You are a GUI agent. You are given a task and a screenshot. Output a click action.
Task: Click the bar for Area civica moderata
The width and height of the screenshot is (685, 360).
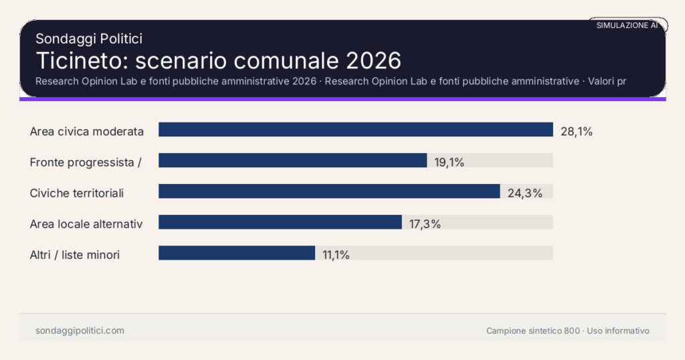click(x=355, y=130)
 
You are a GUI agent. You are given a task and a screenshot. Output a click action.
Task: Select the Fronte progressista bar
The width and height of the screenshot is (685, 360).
click(x=292, y=161)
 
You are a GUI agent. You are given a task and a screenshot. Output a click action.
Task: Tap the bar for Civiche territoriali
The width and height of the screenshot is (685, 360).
click(x=329, y=191)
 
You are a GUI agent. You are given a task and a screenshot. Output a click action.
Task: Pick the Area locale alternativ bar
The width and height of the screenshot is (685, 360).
click(x=280, y=222)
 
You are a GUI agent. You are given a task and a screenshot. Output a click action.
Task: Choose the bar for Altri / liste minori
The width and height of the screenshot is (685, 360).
click(x=236, y=253)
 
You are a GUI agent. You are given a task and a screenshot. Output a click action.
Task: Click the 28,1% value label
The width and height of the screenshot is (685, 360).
click(x=576, y=131)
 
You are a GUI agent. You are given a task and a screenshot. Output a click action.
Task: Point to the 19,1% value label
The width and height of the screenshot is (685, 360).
click(x=449, y=162)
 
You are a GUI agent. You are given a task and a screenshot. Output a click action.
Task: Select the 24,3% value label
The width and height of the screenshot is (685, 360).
click(x=524, y=193)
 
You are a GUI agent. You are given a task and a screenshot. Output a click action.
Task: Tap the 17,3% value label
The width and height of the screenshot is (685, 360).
click(x=425, y=223)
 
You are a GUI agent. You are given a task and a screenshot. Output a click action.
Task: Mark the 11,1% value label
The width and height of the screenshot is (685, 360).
click(x=336, y=254)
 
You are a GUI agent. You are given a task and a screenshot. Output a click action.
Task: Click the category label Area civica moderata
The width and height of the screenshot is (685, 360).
click(x=87, y=131)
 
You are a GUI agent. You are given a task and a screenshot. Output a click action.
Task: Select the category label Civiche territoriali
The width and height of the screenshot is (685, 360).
click(x=77, y=193)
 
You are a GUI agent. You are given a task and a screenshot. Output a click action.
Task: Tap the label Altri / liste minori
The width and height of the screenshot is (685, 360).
click(x=75, y=254)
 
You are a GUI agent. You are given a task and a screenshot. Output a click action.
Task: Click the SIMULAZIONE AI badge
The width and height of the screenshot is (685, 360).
click(x=627, y=25)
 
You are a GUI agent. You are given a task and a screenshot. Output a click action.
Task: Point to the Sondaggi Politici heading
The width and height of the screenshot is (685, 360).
click(x=89, y=39)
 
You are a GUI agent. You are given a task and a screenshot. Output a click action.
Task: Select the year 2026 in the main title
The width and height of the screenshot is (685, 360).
click(x=373, y=60)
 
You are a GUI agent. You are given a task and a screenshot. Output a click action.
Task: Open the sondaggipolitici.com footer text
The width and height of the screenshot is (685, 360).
click(x=80, y=331)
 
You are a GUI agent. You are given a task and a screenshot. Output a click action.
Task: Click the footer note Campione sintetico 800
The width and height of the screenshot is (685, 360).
click(x=533, y=331)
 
